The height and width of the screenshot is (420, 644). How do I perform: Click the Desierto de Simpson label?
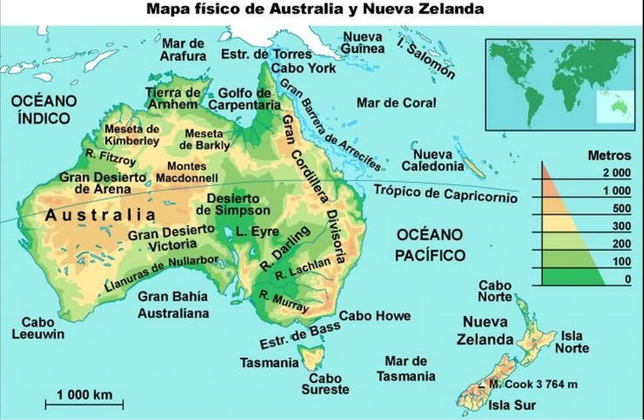coord(233,204)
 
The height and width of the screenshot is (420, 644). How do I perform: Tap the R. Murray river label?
coord(285,302)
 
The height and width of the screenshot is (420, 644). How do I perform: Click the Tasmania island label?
coord(269,363)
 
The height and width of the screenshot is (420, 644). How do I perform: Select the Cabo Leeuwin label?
coord(38,328)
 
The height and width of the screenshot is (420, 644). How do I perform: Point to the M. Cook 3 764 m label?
coord(533,384)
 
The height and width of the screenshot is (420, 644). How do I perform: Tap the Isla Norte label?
coord(572,342)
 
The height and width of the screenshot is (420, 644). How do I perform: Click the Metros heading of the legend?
coord(610,156)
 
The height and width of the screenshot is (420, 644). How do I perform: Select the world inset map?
coord(559,81)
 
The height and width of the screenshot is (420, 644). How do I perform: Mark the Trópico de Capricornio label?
coord(445,193)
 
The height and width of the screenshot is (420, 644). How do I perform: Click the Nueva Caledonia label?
coord(432,160)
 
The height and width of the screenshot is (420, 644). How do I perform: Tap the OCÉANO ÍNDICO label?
coord(43,110)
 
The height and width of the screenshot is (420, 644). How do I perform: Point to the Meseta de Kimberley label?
coord(132,135)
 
